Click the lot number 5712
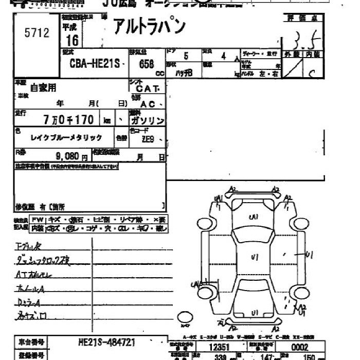[37, 33]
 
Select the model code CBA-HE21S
[96, 64]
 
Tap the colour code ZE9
[147, 139]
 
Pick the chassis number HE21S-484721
[107, 341]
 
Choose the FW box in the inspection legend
[38, 220]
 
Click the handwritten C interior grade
[311, 73]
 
